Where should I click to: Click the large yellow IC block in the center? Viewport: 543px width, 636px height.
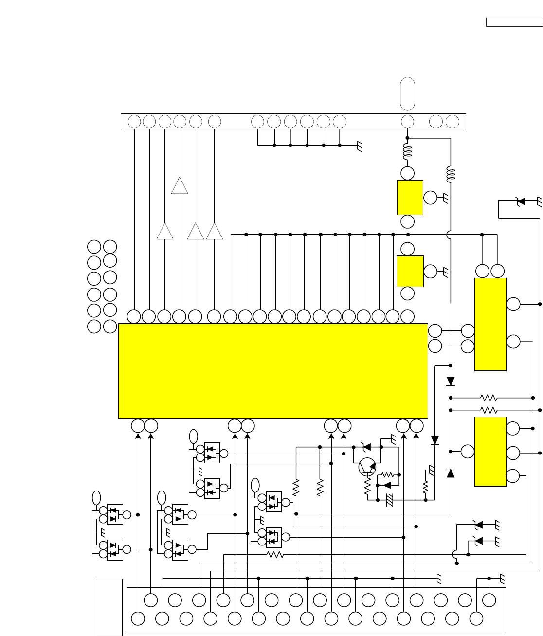coord(272,371)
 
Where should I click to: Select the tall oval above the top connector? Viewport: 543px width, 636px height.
coord(407,93)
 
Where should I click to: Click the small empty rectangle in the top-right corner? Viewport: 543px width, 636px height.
coord(514,22)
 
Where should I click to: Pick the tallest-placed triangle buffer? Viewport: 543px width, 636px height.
coord(180,185)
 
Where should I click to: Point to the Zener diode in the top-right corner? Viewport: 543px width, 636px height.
coord(520,200)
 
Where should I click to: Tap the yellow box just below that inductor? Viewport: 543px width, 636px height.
coord(410,197)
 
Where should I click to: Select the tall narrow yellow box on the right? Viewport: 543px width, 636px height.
coord(490,324)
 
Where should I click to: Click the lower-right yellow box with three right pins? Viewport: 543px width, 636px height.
coord(490,451)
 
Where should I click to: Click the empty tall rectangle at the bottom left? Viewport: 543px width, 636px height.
coord(109,606)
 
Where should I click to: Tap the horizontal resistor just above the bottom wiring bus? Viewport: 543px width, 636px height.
coord(275,554)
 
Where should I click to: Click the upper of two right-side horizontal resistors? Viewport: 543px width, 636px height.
coord(488,398)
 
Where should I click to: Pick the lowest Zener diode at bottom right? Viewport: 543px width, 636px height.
coord(478,540)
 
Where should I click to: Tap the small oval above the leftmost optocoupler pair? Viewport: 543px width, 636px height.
coord(96,497)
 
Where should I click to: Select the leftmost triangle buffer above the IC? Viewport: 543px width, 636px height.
coord(165,231)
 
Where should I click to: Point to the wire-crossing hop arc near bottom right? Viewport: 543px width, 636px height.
coord(454,554)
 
